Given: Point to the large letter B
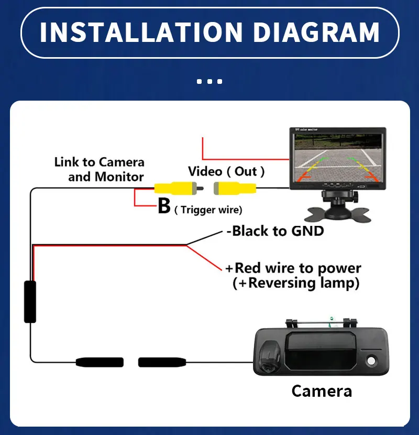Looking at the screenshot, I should (x=164, y=206).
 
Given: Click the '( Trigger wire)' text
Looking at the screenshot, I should (x=208, y=210).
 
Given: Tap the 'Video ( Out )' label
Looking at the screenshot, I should (x=226, y=171).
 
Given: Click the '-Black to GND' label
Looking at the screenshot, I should (x=275, y=231).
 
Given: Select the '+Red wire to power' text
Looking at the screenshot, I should (x=293, y=268).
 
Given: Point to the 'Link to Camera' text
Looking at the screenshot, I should (x=99, y=162).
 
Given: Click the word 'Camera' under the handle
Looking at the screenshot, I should (x=322, y=391).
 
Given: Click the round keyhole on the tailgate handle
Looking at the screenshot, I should (x=372, y=361).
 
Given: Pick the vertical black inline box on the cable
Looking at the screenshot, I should (x=30, y=301).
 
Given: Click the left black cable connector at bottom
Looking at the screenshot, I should (x=100, y=362).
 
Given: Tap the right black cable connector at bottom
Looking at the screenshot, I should (x=162, y=362).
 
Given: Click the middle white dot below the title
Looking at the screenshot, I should (x=210, y=81).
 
